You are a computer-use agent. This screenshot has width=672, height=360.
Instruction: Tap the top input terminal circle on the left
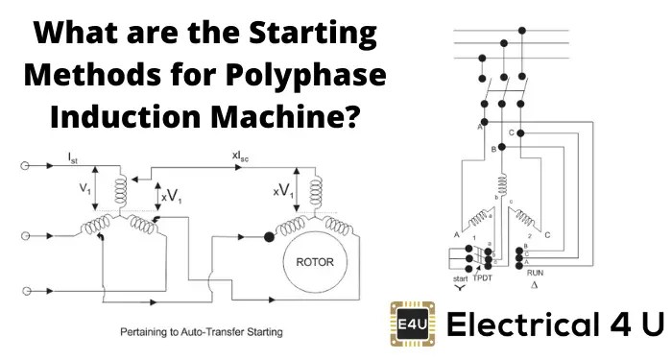click(x=22, y=165)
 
